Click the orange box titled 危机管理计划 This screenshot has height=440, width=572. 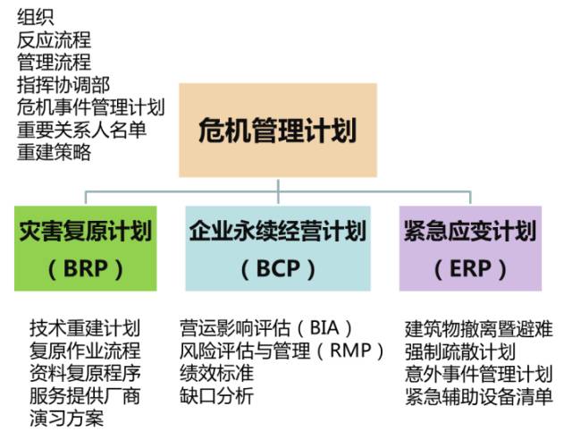(x=278, y=130)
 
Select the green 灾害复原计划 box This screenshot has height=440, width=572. (x=86, y=249)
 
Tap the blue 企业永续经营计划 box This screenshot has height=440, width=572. (x=278, y=249)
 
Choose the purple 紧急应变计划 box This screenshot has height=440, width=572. (x=470, y=249)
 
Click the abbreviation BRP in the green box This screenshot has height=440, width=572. (x=86, y=269)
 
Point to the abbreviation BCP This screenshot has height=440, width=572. (x=278, y=269)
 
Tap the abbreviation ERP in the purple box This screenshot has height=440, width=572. (x=470, y=269)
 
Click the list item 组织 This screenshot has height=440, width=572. (x=36, y=17)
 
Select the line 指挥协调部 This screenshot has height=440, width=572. (x=63, y=85)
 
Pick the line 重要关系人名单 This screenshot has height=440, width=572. (x=81, y=130)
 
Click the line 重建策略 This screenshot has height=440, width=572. (x=54, y=152)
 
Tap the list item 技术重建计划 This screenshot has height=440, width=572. (x=85, y=328)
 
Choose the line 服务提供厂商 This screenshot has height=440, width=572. (x=85, y=396)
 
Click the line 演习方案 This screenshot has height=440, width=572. (x=67, y=419)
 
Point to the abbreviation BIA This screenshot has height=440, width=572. (x=324, y=328)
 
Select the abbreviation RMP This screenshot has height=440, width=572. (x=350, y=351)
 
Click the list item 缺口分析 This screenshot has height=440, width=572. (x=216, y=396)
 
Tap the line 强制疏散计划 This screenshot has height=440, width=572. (x=460, y=351)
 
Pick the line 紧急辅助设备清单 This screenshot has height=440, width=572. (x=479, y=396)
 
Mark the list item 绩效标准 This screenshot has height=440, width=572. (x=216, y=373)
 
